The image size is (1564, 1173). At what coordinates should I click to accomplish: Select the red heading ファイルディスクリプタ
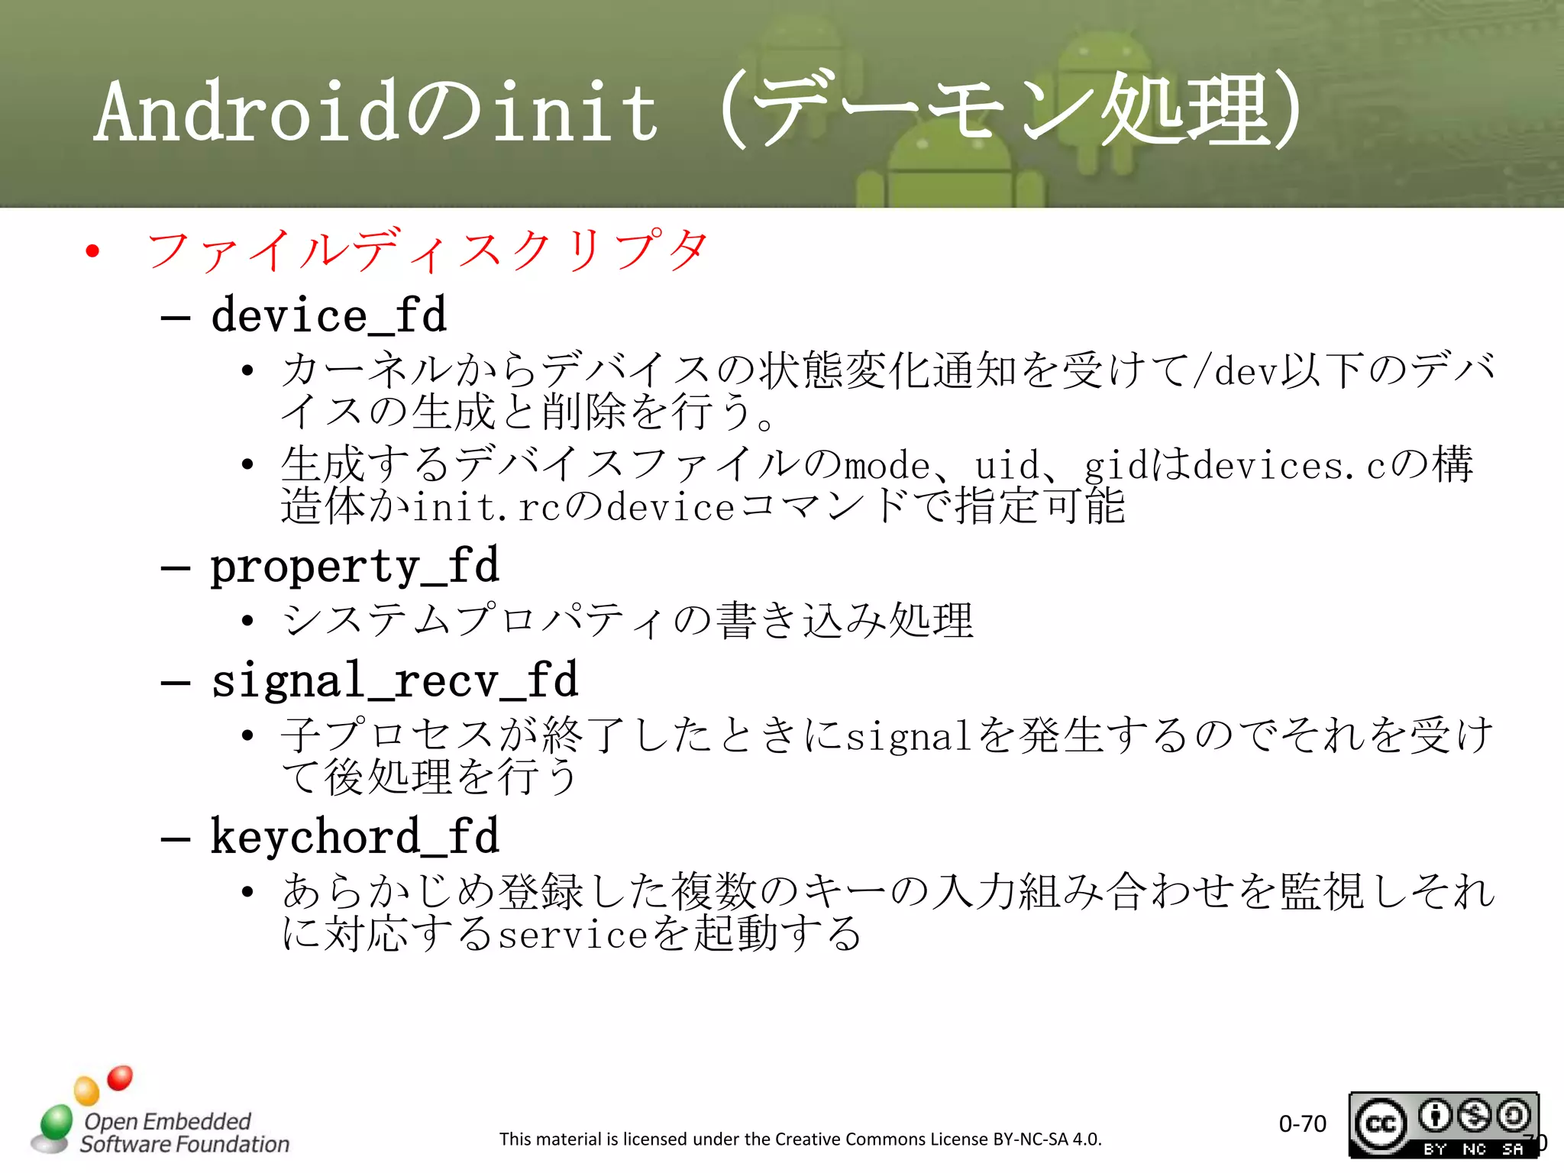coord(428,250)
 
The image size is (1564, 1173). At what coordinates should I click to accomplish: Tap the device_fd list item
coord(328,315)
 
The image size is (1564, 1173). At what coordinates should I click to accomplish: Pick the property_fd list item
coord(354,567)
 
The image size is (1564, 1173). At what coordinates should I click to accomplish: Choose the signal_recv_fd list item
coord(394,680)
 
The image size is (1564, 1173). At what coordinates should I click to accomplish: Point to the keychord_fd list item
coord(354,837)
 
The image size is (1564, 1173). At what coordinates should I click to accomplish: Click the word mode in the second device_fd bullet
coord(886,466)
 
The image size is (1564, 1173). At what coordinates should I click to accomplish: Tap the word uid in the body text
coord(1007,466)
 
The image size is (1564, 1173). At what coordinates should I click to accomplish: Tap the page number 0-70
coord(1302,1123)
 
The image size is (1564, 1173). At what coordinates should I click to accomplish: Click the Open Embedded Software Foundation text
coord(183,1133)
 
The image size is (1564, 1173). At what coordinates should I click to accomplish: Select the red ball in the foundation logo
coord(120,1078)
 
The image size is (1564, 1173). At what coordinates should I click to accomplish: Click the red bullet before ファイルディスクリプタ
coord(93,251)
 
